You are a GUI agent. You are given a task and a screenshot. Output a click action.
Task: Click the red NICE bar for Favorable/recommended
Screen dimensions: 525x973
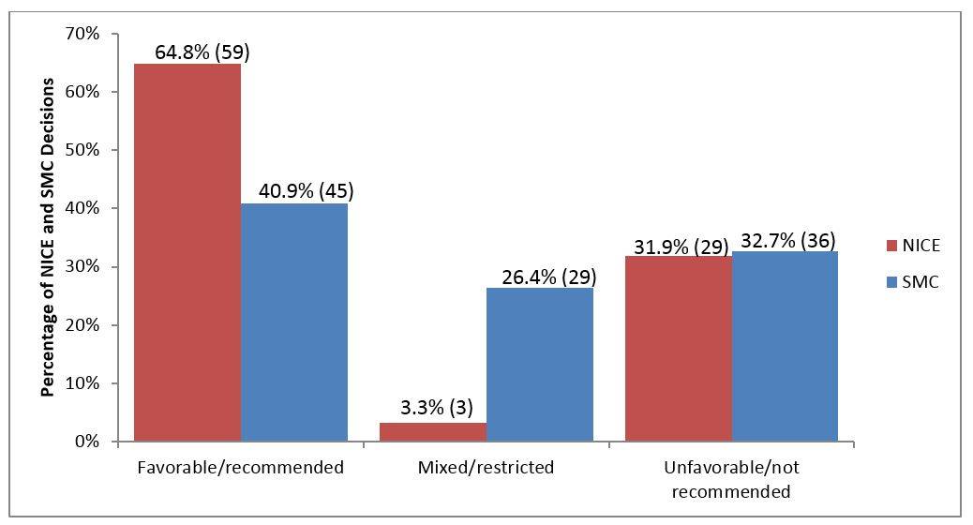(187, 253)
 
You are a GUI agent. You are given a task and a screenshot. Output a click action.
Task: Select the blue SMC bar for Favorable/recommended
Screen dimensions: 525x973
(294, 322)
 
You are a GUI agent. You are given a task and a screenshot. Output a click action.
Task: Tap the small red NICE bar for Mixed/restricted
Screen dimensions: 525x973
(433, 432)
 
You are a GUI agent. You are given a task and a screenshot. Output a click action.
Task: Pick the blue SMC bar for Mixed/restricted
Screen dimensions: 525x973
(540, 365)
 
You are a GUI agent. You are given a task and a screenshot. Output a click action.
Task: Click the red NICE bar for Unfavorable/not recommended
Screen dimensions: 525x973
(679, 349)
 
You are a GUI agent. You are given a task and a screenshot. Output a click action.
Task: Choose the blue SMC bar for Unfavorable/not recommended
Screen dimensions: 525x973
(785, 346)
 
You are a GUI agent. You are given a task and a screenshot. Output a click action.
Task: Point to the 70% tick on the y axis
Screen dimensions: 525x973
(82, 35)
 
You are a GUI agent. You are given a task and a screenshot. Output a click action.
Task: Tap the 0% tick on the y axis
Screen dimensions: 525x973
(86, 442)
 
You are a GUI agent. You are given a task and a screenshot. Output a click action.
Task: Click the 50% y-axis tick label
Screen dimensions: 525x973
(82, 151)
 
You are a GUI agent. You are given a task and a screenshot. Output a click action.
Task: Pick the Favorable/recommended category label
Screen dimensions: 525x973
(240, 467)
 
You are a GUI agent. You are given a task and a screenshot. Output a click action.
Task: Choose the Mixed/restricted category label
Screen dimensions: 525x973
(486, 467)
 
